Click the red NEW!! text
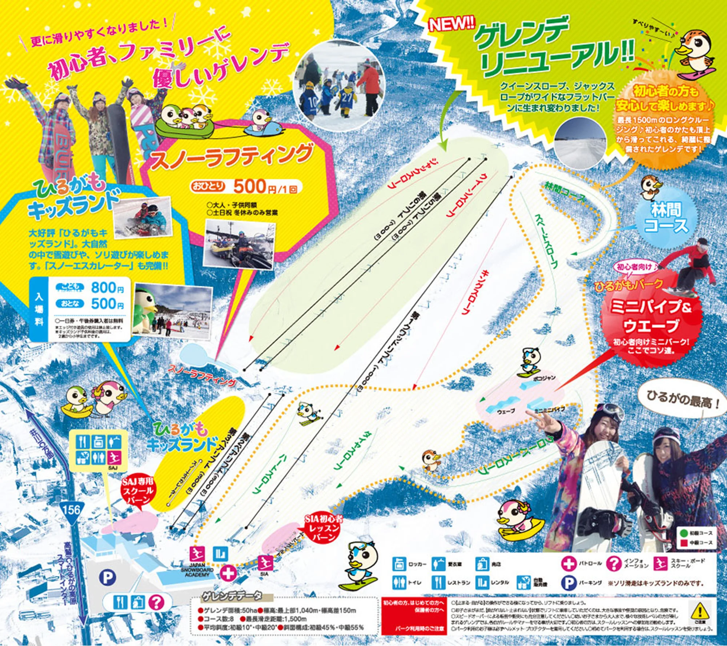point(452,24)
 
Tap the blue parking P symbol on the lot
point(108,577)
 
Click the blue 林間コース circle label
point(666,218)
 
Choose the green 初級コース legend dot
point(684,533)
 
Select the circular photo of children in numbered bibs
point(338,85)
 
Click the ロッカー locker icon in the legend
point(399,564)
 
